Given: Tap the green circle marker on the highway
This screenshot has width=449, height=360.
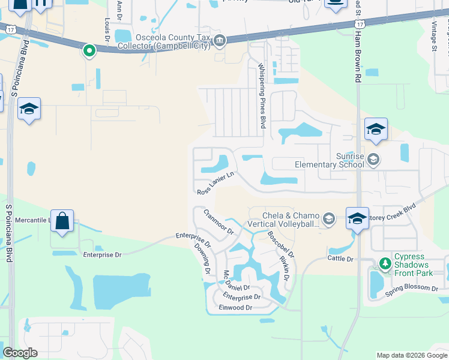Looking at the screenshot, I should tap(89, 51).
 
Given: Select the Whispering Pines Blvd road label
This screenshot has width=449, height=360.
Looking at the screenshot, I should tap(262, 96).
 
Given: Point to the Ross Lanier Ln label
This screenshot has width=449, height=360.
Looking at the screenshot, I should tap(215, 183).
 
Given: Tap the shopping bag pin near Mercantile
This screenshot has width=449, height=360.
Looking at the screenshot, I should tap(62, 221).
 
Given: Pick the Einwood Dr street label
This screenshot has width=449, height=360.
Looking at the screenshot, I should tap(236, 307).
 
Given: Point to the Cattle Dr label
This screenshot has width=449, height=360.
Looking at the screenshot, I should tap(340, 258).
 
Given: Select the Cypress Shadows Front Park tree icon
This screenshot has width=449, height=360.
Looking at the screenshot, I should tap(384, 264).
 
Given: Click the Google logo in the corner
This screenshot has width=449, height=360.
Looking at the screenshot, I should tap(20, 353).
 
